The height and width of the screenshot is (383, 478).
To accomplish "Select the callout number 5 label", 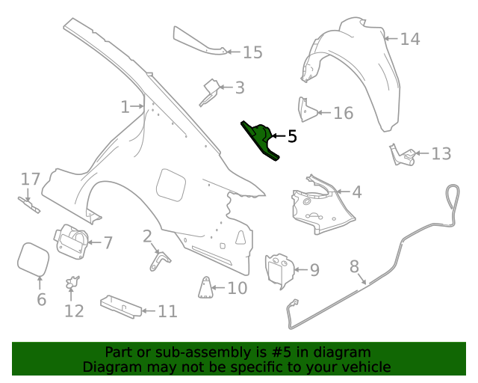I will pyautogui.click(x=292, y=136).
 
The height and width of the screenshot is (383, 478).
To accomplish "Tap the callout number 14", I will pyautogui.click(x=410, y=39).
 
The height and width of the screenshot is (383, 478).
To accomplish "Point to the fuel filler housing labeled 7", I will pyautogui.click(x=70, y=241).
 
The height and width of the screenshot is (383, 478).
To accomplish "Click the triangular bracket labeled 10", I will pyautogui.click(x=204, y=287).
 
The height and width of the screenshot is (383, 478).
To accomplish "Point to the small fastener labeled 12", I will pyautogui.click(x=72, y=283).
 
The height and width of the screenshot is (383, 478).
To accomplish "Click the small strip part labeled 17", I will pyautogui.click(x=29, y=204).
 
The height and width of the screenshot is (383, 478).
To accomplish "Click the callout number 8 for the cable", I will pyautogui.click(x=354, y=266).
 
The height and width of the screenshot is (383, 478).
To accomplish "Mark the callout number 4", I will pyautogui.click(x=356, y=192).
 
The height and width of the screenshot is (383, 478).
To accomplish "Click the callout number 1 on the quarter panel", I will pyautogui.click(x=125, y=107).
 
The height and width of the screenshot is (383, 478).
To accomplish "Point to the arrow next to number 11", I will pyautogui.click(x=147, y=310).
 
